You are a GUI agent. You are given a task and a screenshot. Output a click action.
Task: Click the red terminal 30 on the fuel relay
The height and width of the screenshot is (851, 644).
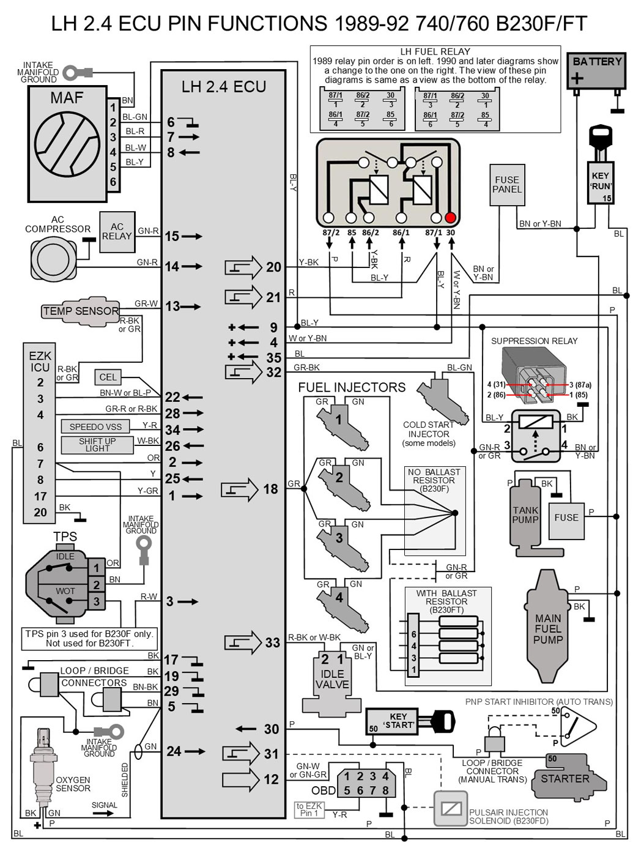pyautogui.click(x=451, y=218)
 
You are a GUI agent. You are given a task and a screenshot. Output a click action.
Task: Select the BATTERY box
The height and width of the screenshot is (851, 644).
pyautogui.click(x=596, y=71)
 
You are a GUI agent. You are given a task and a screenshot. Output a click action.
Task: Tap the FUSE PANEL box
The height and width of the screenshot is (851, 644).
pyautogui.click(x=507, y=185)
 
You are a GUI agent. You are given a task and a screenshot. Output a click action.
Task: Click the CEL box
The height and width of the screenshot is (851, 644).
pyautogui.click(x=108, y=377)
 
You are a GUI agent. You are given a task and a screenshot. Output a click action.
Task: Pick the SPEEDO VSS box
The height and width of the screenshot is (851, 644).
pyautogui.click(x=95, y=426)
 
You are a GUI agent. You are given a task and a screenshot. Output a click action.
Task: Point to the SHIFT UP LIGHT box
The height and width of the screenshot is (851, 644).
pyautogui.click(x=97, y=445)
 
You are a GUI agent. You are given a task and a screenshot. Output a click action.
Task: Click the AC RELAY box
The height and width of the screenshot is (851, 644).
pyautogui.click(x=116, y=231)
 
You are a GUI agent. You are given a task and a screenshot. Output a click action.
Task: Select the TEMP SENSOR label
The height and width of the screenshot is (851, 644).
pyautogui.click(x=80, y=311)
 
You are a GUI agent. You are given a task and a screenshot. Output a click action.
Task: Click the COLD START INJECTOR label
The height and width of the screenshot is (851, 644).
pyautogui.click(x=428, y=433)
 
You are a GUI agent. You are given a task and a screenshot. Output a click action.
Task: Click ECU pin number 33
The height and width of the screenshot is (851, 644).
pyautogui.click(x=272, y=643)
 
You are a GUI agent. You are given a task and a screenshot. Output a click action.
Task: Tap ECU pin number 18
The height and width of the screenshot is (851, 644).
pyautogui.click(x=270, y=489)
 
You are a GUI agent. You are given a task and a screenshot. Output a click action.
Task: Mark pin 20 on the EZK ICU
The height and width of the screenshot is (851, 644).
pyautogui.click(x=40, y=513)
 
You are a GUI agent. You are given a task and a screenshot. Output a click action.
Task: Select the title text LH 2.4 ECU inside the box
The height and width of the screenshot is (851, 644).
pyautogui.click(x=224, y=87)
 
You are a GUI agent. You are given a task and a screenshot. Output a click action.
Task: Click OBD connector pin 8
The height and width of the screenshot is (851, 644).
pyautogui.click(x=385, y=790)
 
